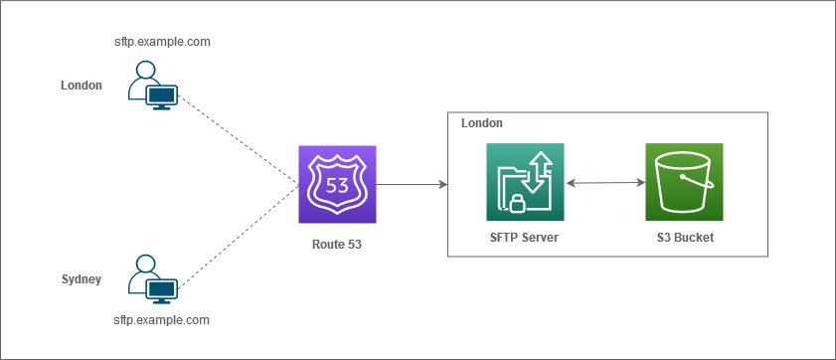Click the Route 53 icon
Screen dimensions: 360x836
(337, 184)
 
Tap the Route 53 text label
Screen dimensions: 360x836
(337, 243)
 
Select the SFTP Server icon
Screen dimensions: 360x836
(525, 182)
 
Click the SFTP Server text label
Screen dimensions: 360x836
(524, 238)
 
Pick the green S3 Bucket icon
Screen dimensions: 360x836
(684, 182)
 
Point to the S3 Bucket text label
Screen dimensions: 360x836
(685, 238)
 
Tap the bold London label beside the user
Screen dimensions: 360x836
(82, 86)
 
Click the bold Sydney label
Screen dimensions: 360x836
(82, 279)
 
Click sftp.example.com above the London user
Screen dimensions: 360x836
(162, 42)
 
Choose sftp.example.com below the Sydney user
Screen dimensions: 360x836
(162, 320)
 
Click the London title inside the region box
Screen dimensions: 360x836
(482, 123)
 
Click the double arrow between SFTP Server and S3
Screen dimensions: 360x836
(604, 183)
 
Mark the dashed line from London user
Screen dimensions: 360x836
(239, 136)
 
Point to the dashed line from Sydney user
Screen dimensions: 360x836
(239, 236)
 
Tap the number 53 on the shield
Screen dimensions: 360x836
(337, 184)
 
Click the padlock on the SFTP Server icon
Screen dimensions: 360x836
(516, 204)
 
